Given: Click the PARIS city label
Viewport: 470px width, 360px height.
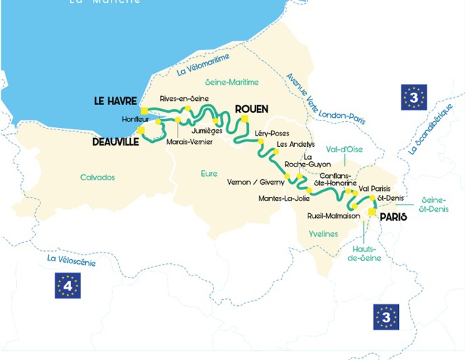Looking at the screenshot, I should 394,217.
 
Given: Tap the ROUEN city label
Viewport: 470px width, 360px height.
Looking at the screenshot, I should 252,109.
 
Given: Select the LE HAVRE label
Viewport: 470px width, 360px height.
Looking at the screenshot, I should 115,102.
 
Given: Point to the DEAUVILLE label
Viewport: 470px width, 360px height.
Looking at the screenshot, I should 115,142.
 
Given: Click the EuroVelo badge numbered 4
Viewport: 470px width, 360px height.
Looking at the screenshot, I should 68,286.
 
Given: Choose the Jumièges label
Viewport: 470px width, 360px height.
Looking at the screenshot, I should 207,131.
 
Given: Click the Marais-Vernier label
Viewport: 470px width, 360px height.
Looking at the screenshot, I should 189,142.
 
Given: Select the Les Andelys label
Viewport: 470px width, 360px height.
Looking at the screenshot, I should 296,145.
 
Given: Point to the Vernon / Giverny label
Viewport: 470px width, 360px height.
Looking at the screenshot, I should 256,183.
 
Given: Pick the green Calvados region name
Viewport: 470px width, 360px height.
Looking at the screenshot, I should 97,178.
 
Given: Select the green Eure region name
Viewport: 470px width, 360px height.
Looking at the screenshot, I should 209,174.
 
